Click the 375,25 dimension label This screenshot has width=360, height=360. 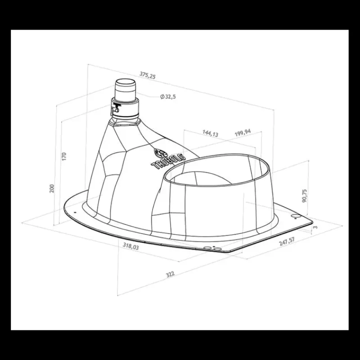tap(148, 75)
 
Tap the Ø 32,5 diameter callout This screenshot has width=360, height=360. tap(168, 97)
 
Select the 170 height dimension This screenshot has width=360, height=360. tap(64, 156)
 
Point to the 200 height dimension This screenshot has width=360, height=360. tap(52, 189)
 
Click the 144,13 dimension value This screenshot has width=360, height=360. tap(210, 133)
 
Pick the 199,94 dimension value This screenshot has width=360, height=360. tap(243, 133)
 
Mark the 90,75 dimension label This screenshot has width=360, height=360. tap(305, 196)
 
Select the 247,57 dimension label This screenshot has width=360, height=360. tap(287, 242)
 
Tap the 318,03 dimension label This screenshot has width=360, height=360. tap(131, 246)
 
